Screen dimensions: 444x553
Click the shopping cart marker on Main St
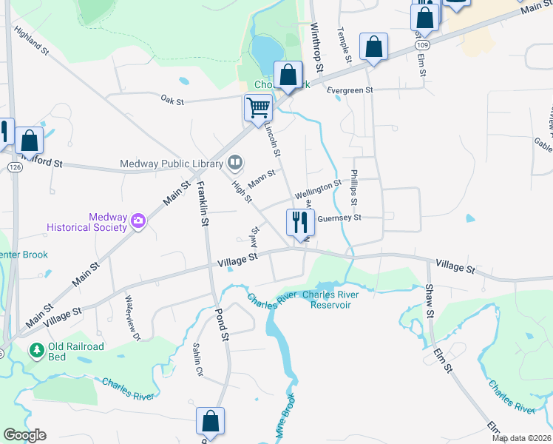coord(258,108)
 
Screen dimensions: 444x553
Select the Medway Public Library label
coord(172,164)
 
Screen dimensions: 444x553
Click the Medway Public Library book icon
coord(235,161)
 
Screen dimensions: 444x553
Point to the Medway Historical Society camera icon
coord(138,221)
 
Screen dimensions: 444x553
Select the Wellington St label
coord(318,189)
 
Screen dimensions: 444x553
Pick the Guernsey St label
coord(339,218)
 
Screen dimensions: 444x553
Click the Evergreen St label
coord(350,90)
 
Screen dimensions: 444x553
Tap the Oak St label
coord(172,100)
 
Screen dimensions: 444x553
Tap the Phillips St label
coord(354,189)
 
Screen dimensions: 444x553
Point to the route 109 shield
coord(421,45)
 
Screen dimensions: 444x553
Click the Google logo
coord(24,435)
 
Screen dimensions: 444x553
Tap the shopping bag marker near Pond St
coord(211,421)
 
